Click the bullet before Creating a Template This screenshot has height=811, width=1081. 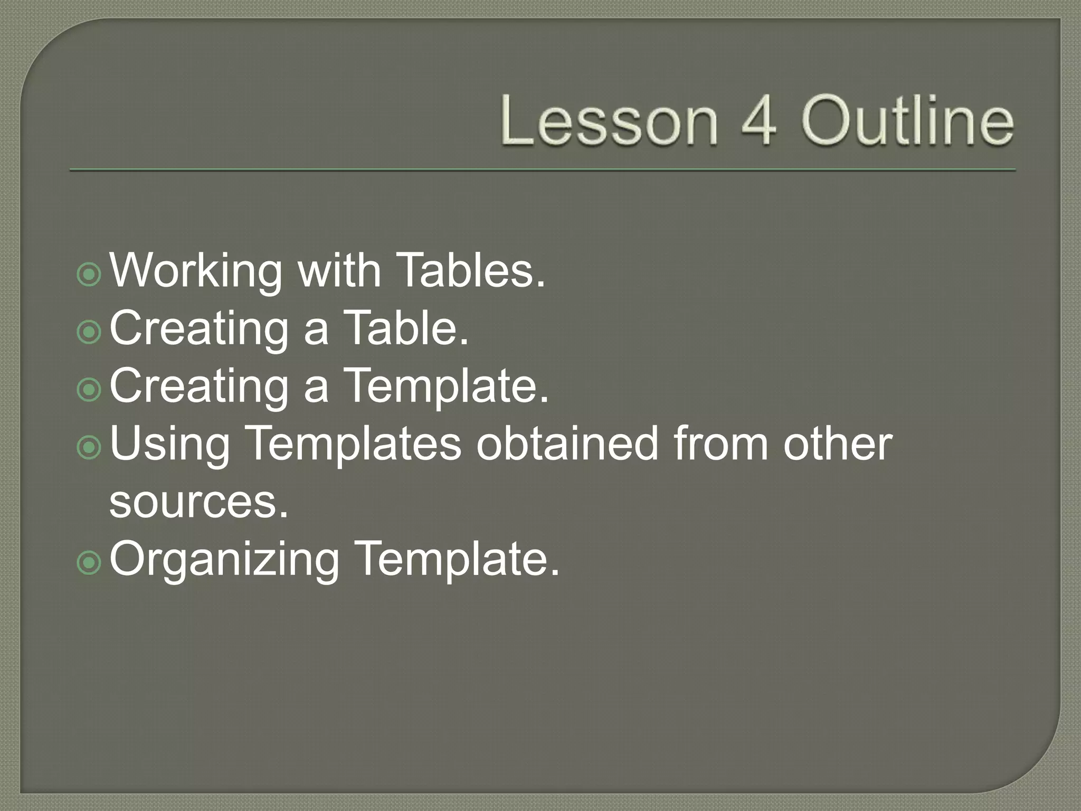click(89, 390)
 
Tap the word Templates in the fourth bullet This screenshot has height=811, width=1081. click(354, 445)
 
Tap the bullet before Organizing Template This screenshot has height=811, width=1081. click(89, 563)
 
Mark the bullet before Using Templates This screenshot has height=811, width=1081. click(89, 448)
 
